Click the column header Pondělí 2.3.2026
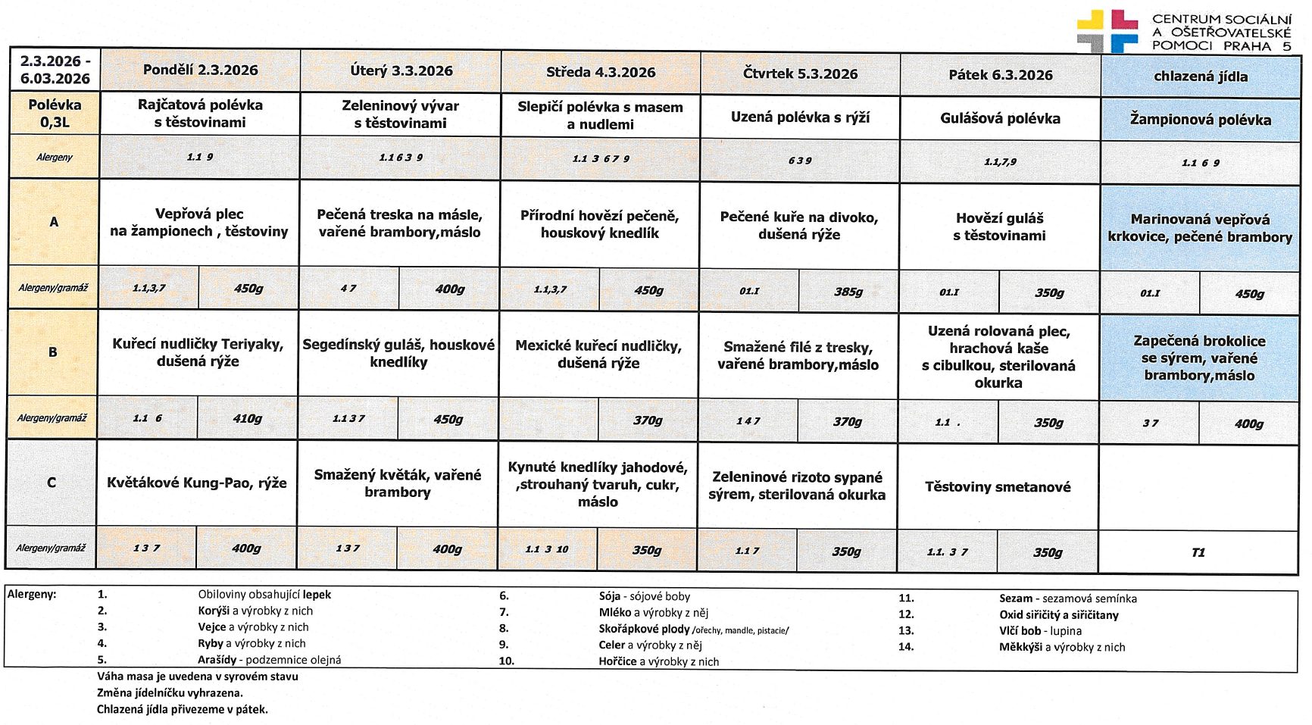pos(200,70)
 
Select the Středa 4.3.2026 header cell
pos(601,72)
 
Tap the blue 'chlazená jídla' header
pos(1201,77)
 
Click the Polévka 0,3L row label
pos(55,113)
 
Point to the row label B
pos(52,352)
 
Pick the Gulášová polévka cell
pos(1000,118)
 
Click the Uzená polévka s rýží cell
pos(800,117)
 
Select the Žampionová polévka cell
pos(1201,119)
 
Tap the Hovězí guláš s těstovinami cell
pos(999,227)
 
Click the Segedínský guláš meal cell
pos(398,353)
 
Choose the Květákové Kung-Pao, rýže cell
pos(197,483)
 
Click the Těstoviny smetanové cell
pos(998,486)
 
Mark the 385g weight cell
pos(848,292)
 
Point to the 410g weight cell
pos(247,418)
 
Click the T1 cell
pos(1198,552)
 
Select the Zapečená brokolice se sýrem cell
pos(1199,358)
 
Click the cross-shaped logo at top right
pos(1107,30)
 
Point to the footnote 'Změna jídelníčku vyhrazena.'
pos(170,692)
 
